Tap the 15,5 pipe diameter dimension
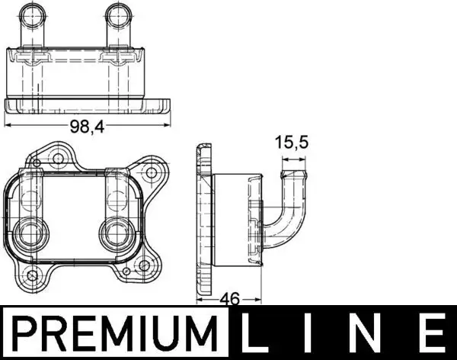point(292,143)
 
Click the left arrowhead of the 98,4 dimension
point(8,122)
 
